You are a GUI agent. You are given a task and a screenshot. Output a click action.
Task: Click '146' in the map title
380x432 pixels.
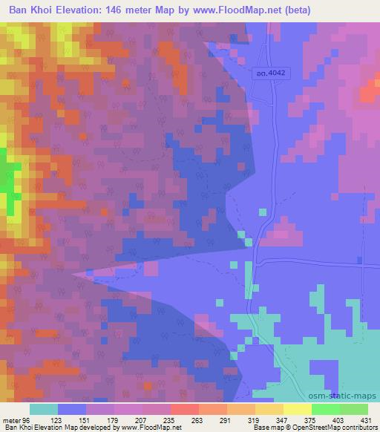(109, 10)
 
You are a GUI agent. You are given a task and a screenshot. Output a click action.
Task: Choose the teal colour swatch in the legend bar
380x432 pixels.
(44, 409)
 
